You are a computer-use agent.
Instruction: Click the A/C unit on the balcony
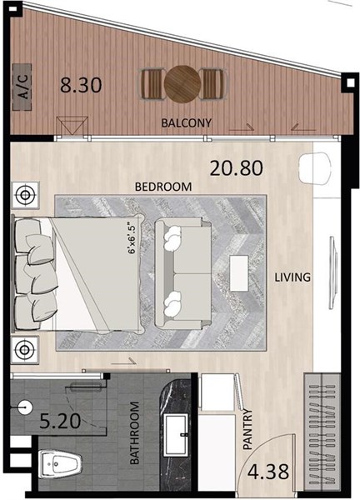[22, 87]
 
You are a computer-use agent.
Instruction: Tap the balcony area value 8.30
[81, 85]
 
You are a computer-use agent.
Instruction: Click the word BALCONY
[186, 122]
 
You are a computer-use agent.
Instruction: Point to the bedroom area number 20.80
[237, 168]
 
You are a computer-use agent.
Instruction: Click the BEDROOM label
[163, 187]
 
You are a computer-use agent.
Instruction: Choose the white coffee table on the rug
[239, 273]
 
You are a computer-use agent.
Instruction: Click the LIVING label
[292, 277]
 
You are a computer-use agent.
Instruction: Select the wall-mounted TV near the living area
[332, 272]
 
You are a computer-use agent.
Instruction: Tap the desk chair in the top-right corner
[315, 168]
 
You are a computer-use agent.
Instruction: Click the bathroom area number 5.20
[60, 421]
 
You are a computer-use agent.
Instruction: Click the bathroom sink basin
[176, 435]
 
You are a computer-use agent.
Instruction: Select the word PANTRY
[247, 429]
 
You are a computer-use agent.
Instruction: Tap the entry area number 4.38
[268, 472]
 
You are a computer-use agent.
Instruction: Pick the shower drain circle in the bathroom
[25, 407]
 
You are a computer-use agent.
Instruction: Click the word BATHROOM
[134, 432]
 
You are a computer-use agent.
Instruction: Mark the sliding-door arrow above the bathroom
[123, 362]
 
